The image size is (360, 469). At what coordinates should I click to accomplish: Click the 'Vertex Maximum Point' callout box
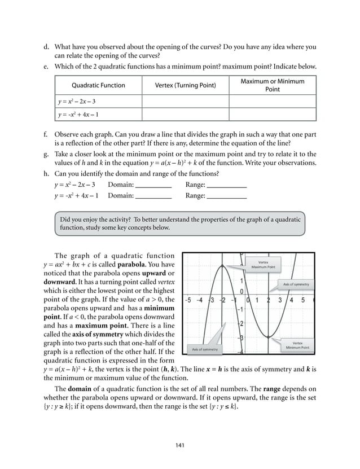pos(264,264)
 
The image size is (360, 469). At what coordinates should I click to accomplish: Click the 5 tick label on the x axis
pos(304,300)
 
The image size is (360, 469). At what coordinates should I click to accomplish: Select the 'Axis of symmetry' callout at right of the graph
pos(296,284)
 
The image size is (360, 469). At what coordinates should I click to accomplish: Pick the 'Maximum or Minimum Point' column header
pos(273,86)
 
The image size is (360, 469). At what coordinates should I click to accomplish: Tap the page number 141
pos(180,446)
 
